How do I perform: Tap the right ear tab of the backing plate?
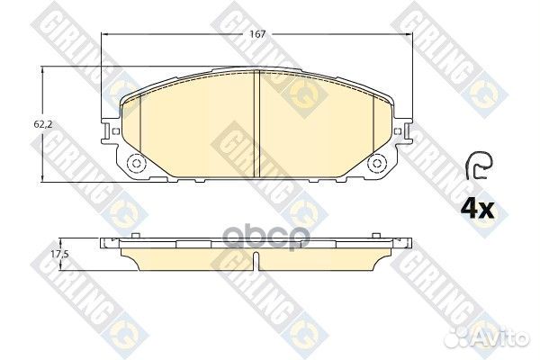pyautogui.click(x=405, y=132)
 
